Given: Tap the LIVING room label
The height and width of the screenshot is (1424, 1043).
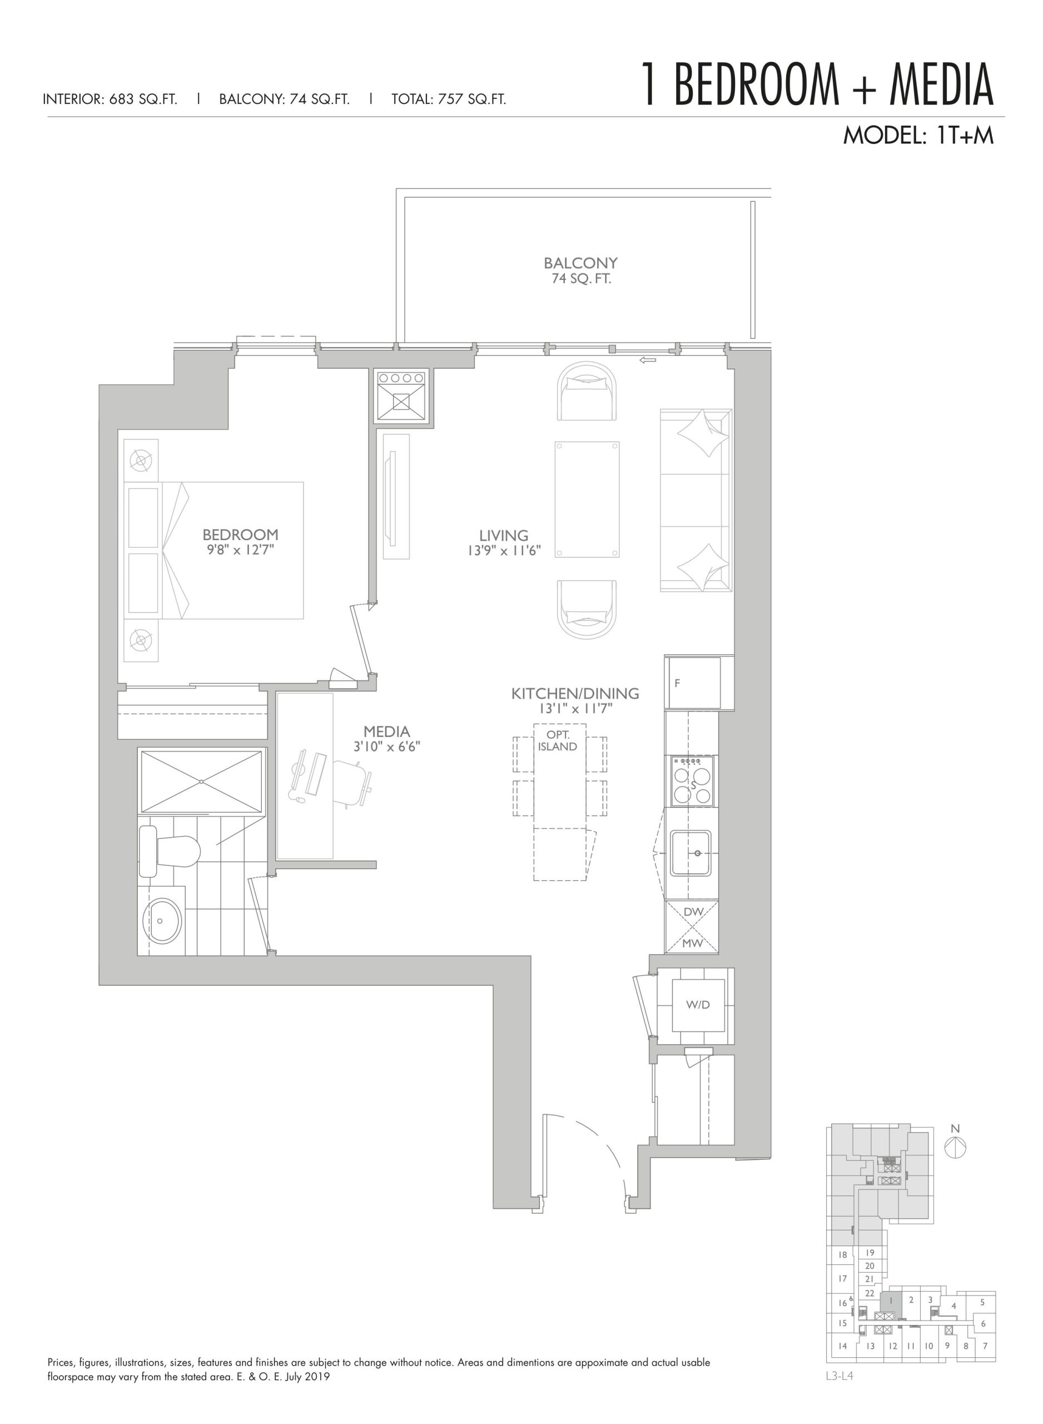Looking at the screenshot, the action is (x=503, y=536).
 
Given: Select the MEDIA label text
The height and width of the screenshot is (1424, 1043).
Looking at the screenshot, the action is (x=386, y=731).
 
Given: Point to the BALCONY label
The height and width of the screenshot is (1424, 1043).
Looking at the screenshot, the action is (x=581, y=263).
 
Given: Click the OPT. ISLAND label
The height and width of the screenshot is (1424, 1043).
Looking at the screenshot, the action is (x=558, y=741).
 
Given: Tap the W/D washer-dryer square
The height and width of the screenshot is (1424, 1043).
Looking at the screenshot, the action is (x=698, y=1005).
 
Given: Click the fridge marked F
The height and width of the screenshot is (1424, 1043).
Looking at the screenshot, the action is (x=693, y=683).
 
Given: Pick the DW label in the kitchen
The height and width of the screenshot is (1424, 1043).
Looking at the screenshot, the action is (x=693, y=912).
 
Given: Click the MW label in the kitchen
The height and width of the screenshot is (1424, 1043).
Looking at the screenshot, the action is (x=693, y=943).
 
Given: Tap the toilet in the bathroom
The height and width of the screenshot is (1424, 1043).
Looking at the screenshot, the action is (x=169, y=852).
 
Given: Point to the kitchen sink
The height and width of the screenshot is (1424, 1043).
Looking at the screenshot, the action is (x=691, y=853).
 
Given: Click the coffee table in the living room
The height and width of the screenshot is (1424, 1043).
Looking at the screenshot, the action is (x=587, y=500).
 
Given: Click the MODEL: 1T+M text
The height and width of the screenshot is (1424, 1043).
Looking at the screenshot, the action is (x=918, y=136).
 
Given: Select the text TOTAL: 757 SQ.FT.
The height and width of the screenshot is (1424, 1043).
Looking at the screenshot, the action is (x=448, y=99).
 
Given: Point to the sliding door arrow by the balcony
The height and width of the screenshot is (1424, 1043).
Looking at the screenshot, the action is (x=647, y=360).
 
